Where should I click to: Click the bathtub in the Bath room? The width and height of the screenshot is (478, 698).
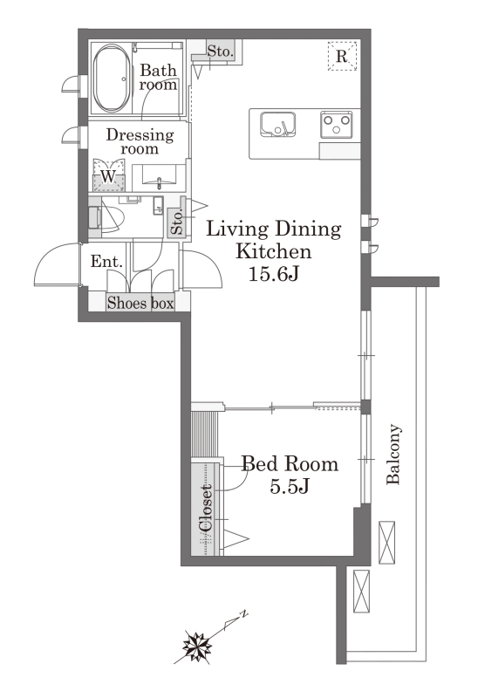112,78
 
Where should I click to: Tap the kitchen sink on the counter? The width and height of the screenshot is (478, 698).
277,124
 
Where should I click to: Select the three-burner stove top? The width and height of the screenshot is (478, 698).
336,124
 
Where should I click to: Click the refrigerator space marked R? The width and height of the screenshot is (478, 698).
342,56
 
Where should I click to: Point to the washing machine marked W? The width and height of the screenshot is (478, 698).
108,175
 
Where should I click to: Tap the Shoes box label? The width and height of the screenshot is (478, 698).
140,303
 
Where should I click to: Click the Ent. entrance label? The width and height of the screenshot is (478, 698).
106,261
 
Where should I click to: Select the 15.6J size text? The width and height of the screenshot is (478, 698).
273,274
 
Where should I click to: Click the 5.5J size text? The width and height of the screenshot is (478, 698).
290,486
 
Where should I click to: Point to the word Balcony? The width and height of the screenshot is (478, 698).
393,454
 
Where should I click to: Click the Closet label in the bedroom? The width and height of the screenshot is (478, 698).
207,509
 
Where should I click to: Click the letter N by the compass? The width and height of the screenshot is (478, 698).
244,614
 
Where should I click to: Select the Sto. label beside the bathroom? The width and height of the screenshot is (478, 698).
221,51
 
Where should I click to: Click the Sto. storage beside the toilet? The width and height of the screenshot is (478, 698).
177,222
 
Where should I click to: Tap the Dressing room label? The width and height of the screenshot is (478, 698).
140,141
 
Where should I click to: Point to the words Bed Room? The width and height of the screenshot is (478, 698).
290,464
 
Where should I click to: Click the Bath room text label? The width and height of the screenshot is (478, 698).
158,77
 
